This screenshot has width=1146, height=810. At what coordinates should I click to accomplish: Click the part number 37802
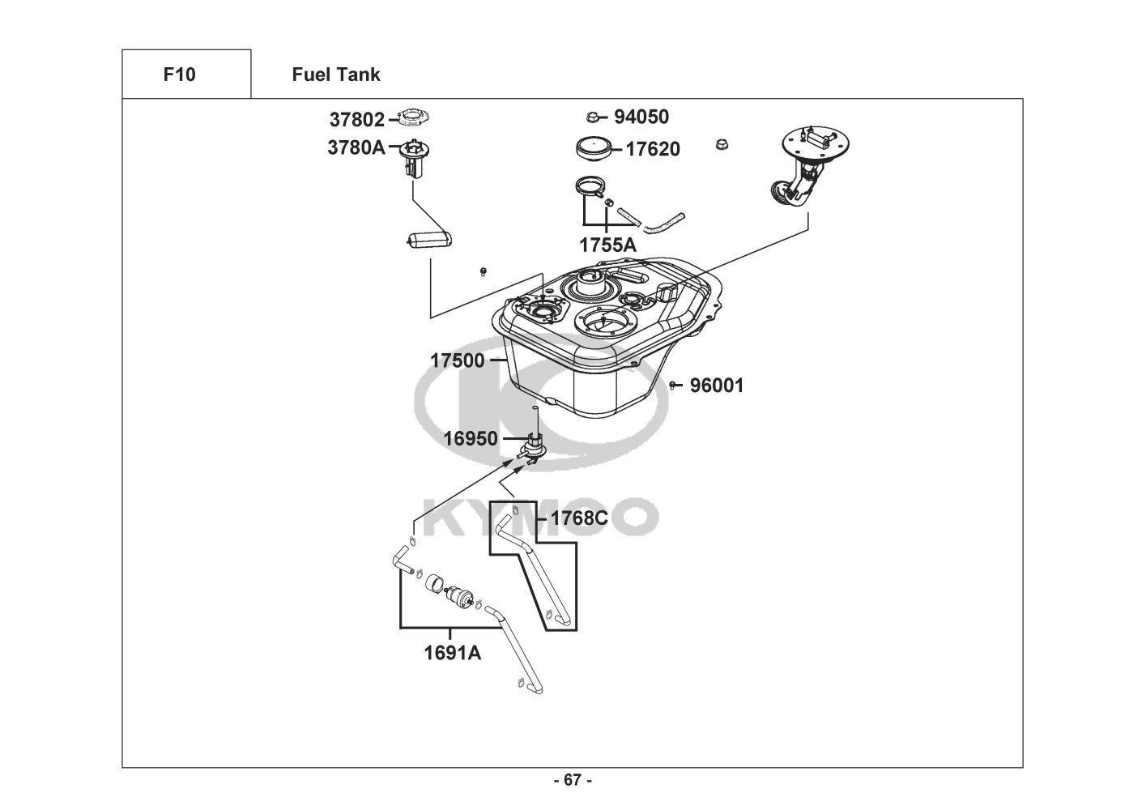(x=356, y=120)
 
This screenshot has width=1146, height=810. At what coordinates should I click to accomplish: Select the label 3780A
(x=356, y=148)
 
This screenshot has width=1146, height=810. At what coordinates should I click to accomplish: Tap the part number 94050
(x=641, y=117)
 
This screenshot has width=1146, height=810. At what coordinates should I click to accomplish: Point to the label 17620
(x=653, y=149)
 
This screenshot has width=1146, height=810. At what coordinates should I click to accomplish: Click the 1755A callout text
(x=607, y=245)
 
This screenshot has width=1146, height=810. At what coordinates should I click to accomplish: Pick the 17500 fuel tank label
(x=457, y=360)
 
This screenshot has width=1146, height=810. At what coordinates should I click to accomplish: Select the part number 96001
(x=717, y=386)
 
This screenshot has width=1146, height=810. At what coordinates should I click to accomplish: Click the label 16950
(x=471, y=439)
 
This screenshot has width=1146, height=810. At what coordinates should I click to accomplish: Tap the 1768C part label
(x=579, y=518)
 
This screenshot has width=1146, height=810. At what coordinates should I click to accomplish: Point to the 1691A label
(x=452, y=653)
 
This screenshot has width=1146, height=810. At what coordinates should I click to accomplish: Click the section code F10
(x=179, y=75)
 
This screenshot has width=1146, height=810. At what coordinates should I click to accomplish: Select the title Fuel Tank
(x=336, y=75)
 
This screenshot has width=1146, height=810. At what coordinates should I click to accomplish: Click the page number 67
(x=573, y=780)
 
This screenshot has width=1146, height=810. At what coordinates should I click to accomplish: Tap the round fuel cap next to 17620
(x=593, y=149)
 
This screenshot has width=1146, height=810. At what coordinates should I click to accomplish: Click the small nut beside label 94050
(x=592, y=117)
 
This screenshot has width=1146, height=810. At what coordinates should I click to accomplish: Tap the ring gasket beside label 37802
(x=413, y=117)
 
